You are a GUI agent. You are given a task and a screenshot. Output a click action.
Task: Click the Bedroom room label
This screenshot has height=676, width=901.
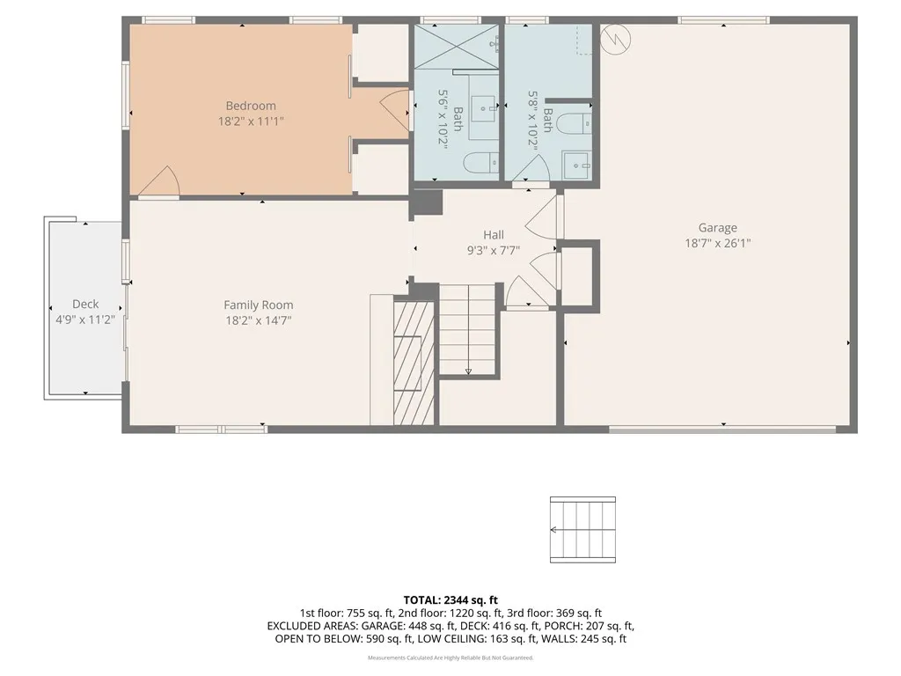pos(251,106)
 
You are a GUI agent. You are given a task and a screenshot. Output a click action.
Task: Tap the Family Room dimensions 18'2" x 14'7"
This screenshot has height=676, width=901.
pos(258,320)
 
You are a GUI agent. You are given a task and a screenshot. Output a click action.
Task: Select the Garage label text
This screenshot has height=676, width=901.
pos(718,227)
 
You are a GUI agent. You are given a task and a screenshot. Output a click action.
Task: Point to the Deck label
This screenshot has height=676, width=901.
pos(85,305)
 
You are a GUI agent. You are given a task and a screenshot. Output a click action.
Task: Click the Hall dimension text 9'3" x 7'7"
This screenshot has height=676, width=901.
pos(493,250)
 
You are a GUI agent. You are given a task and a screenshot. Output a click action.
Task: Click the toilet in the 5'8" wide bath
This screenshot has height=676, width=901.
pos(578,122)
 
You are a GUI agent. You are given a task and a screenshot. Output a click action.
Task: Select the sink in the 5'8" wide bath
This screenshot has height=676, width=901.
pos(577,164)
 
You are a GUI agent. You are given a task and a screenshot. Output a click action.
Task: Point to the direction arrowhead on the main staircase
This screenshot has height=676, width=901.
pos(468,371)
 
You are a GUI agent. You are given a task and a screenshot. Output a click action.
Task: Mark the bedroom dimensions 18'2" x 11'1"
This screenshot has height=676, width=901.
pos(251,121)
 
